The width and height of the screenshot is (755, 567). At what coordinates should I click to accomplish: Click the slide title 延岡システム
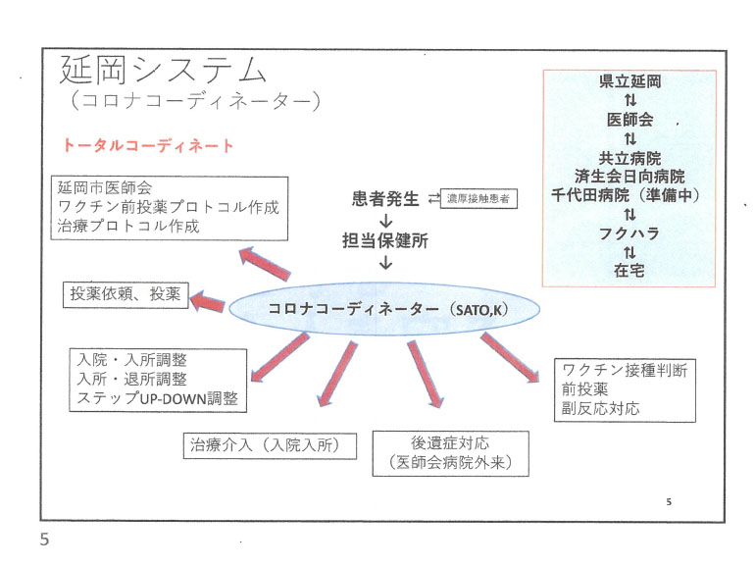click(163, 70)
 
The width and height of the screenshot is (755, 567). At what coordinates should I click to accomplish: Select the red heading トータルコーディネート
click(148, 145)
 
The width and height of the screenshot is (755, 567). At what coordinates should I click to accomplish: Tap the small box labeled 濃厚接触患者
click(478, 198)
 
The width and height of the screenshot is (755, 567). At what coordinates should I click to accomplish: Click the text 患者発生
click(385, 198)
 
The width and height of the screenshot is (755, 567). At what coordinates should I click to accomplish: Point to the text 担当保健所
click(385, 240)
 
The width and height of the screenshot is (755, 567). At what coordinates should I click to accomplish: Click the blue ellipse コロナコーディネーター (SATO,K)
click(383, 309)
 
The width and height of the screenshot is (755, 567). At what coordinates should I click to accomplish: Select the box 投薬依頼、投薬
click(126, 295)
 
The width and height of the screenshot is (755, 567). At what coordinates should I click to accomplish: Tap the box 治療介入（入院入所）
click(270, 445)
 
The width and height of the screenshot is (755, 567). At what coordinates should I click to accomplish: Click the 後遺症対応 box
click(450, 453)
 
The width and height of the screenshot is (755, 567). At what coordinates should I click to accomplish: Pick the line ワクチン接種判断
click(625, 371)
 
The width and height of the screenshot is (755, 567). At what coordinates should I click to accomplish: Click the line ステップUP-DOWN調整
click(158, 398)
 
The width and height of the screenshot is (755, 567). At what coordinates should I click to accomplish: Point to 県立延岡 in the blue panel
click(629, 81)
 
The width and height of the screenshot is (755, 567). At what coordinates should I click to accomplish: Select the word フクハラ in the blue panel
click(629, 233)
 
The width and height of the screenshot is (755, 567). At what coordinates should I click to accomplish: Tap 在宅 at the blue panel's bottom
click(629, 270)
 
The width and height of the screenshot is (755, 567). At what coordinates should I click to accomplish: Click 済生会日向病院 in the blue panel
click(629, 177)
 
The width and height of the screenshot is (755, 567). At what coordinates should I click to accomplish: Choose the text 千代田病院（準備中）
click(626, 195)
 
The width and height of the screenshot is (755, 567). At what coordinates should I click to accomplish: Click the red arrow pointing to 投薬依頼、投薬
click(207, 302)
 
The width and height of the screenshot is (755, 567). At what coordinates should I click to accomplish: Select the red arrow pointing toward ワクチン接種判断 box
click(510, 357)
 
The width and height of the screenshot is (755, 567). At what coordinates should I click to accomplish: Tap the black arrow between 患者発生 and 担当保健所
click(385, 221)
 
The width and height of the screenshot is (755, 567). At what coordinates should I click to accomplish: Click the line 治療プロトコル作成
click(128, 226)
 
